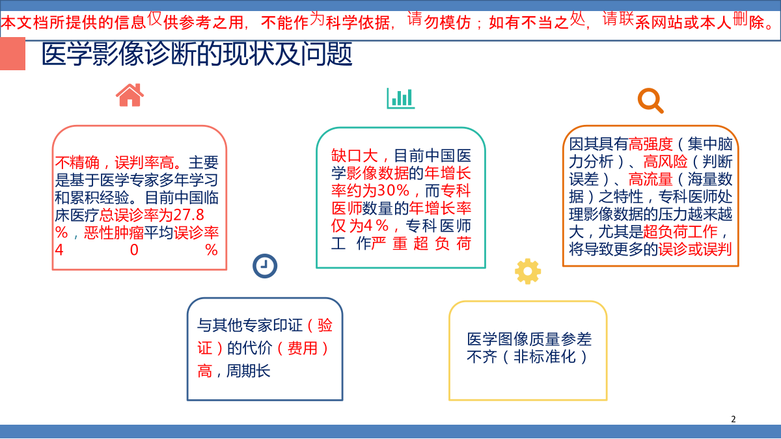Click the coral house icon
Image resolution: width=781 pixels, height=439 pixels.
(130, 95)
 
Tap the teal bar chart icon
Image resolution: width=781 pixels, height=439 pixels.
(401, 98)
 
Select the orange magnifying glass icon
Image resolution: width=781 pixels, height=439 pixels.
(651, 101)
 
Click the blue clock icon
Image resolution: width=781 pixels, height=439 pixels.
(265, 266)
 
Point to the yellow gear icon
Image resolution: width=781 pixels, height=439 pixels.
(528, 271)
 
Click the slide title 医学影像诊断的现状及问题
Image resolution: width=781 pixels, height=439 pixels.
(197, 54)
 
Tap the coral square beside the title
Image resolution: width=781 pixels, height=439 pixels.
(12, 53)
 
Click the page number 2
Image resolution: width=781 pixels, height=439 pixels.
(733, 419)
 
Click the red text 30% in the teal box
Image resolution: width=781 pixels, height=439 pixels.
(393, 191)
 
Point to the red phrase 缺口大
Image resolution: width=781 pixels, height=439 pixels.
(355, 155)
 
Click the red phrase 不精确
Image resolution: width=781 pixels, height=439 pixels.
(77, 163)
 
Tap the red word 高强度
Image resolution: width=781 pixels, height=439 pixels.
(651, 144)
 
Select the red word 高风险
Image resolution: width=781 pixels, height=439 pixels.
(665, 161)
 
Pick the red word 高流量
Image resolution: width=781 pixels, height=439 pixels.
(651, 179)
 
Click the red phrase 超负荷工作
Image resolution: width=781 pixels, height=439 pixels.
(680, 232)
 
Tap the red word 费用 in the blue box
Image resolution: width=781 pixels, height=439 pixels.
(302, 348)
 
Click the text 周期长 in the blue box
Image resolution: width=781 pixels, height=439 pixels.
(248, 371)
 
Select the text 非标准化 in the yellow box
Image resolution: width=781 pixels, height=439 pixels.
(544, 356)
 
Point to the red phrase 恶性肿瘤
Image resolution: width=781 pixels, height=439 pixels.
(114, 232)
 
